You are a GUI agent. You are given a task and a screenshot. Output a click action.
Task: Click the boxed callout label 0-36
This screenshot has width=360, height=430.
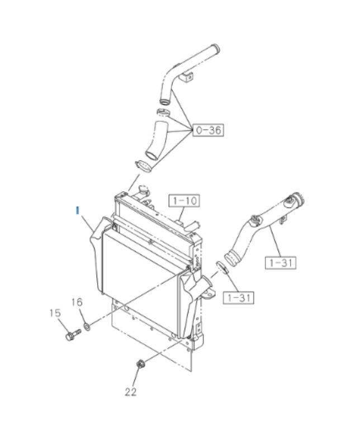tap(209, 130)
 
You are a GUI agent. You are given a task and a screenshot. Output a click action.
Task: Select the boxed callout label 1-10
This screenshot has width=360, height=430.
tap(184, 201)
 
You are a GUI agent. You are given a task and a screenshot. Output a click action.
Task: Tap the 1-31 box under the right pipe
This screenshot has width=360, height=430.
tap(281, 263)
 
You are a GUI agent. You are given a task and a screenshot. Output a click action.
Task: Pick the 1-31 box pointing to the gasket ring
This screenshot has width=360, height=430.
tap(239, 297)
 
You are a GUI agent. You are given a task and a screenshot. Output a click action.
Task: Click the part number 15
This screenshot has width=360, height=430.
tap(55, 313)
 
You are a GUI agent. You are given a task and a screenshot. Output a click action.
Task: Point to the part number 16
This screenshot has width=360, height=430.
tap(77, 302)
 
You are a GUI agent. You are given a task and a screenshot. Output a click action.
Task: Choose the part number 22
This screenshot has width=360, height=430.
tap(130, 392)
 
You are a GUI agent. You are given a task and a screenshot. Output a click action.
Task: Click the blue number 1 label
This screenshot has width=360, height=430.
tap(78, 210)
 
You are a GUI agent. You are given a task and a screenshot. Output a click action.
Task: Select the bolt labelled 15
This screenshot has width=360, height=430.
tap(73, 334)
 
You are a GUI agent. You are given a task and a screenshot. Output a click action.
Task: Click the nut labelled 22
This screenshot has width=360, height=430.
tap(141, 364)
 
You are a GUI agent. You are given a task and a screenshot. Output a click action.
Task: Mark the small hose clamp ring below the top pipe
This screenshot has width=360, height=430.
tap(163, 112)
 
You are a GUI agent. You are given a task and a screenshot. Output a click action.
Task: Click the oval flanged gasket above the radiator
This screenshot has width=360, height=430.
tap(144, 167)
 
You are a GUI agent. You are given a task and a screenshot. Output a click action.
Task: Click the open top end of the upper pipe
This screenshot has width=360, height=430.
tap(215, 49)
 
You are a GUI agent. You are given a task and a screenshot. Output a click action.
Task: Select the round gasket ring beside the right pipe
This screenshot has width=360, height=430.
tap(222, 267)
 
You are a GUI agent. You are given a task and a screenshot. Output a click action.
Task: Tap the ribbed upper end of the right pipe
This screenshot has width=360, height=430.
tap(297, 200)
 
